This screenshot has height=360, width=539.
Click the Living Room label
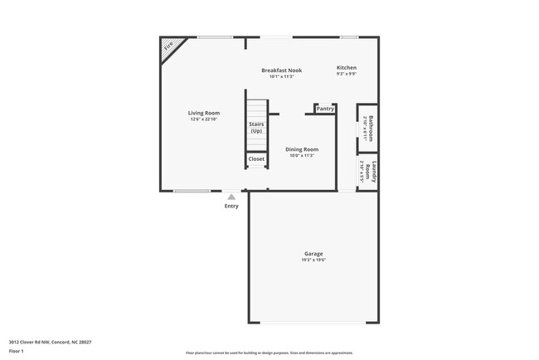pyautogui.click(x=202, y=113)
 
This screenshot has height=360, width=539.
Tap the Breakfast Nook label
pyautogui.click(x=281, y=71)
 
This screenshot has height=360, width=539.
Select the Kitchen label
pyautogui.click(x=346, y=67)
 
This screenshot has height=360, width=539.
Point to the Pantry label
pyautogui.click(x=325, y=109)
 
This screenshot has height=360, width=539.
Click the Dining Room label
pyautogui.click(x=302, y=149)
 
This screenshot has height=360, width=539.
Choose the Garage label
pyautogui.click(x=313, y=254)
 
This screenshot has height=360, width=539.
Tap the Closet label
pyautogui.click(x=256, y=158)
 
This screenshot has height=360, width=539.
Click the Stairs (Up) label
pyautogui.click(x=256, y=128)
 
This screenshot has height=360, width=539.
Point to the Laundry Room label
pyautogui.click(x=373, y=173)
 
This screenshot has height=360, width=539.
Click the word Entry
pyautogui.click(x=231, y=206)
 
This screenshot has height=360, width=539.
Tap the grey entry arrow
pyautogui.click(x=231, y=197)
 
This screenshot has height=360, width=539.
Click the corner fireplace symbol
pyautogui.click(x=168, y=49)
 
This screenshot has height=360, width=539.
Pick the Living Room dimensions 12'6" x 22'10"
pyautogui.click(x=202, y=119)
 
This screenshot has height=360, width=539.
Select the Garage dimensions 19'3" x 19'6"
pyautogui.click(x=313, y=260)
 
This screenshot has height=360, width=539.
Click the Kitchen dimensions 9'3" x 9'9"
pyautogui.click(x=346, y=75)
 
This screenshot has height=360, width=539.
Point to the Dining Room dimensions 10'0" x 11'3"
pyautogui.click(x=302, y=156)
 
